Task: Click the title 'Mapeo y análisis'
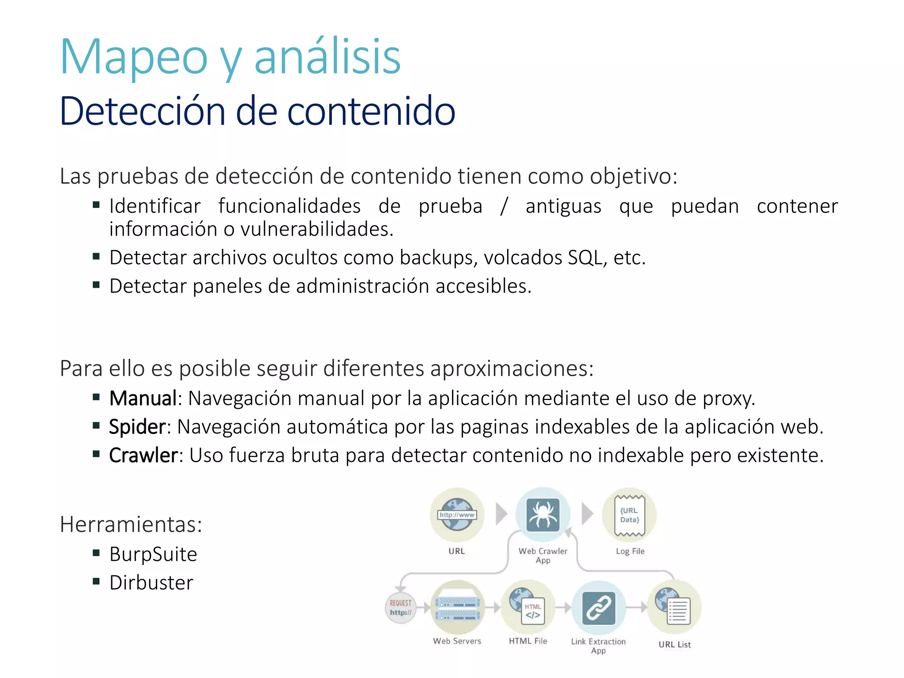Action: pyautogui.click(x=230, y=57)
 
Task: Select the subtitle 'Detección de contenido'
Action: pyautogui.click(x=257, y=111)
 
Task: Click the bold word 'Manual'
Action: pyautogui.click(x=143, y=398)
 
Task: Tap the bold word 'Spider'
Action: pyautogui.click(x=137, y=427)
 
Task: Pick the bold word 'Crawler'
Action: pyautogui.click(x=143, y=456)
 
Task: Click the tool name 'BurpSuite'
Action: pyautogui.click(x=153, y=554)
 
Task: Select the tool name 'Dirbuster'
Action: pyautogui.click(x=151, y=583)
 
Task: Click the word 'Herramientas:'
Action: pyautogui.click(x=131, y=525)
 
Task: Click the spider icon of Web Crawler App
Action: pyautogui.click(x=543, y=515)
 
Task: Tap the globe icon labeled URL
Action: pyautogui.click(x=457, y=515)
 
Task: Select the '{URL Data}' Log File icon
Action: pyautogui.click(x=629, y=515)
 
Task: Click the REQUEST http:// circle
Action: pyautogui.click(x=401, y=608)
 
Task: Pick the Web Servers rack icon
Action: pyautogui.click(x=457, y=608)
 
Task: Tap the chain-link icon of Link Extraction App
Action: pyautogui.click(x=599, y=608)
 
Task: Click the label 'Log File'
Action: pyautogui.click(x=630, y=551)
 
